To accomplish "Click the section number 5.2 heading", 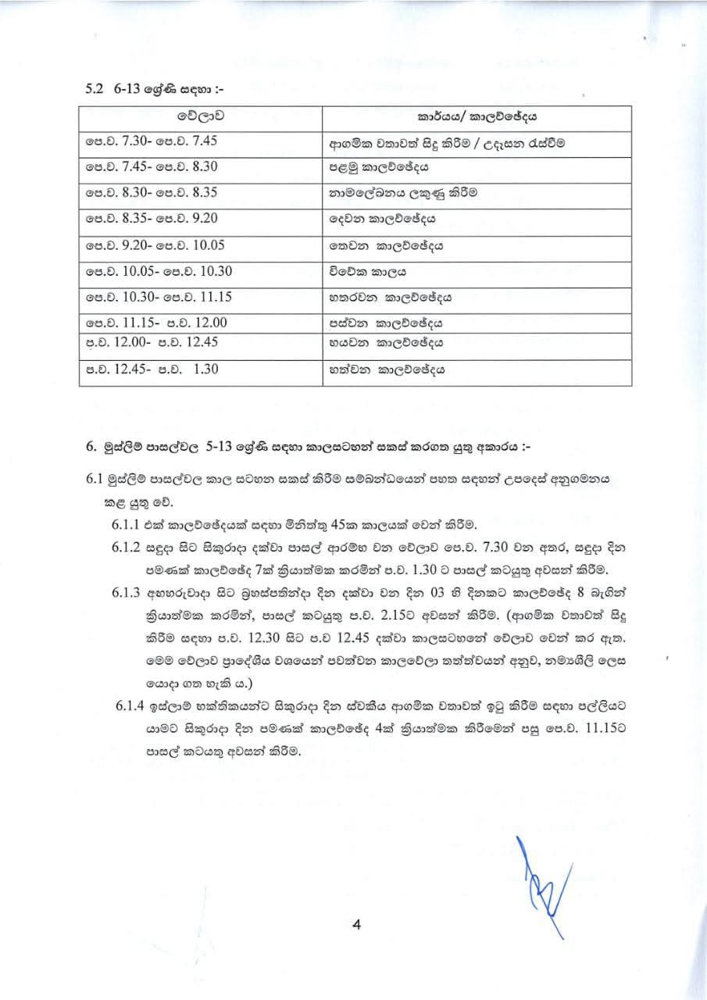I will [x=95, y=90].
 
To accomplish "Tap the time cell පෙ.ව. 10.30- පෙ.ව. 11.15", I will [x=159, y=298].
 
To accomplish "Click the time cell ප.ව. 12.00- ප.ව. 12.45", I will [x=151, y=341].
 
